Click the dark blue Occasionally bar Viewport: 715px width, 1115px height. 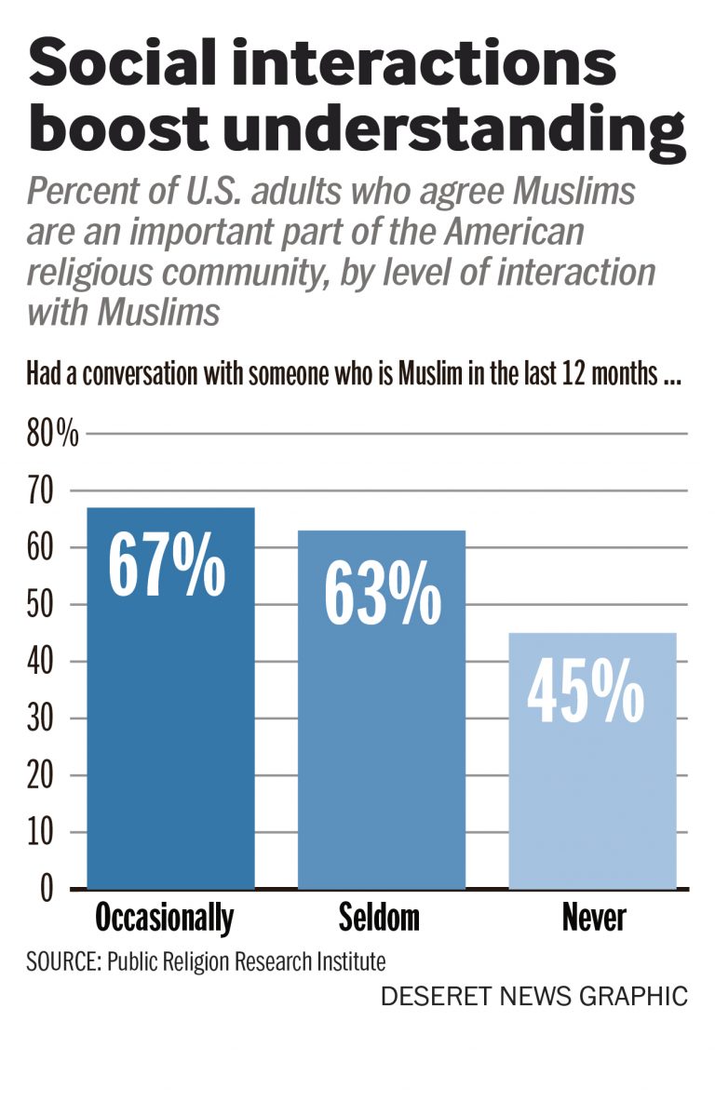tap(170, 745)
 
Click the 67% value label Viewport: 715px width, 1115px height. tap(167, 563)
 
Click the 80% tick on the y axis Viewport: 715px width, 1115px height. tap(53, 435)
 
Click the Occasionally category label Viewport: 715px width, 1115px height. tap(165, 919)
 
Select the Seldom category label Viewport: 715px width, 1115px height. tap(379, 919)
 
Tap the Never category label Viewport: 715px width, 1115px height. tap(594, 919)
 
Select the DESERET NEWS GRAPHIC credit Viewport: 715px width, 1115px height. tap(533, 996)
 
